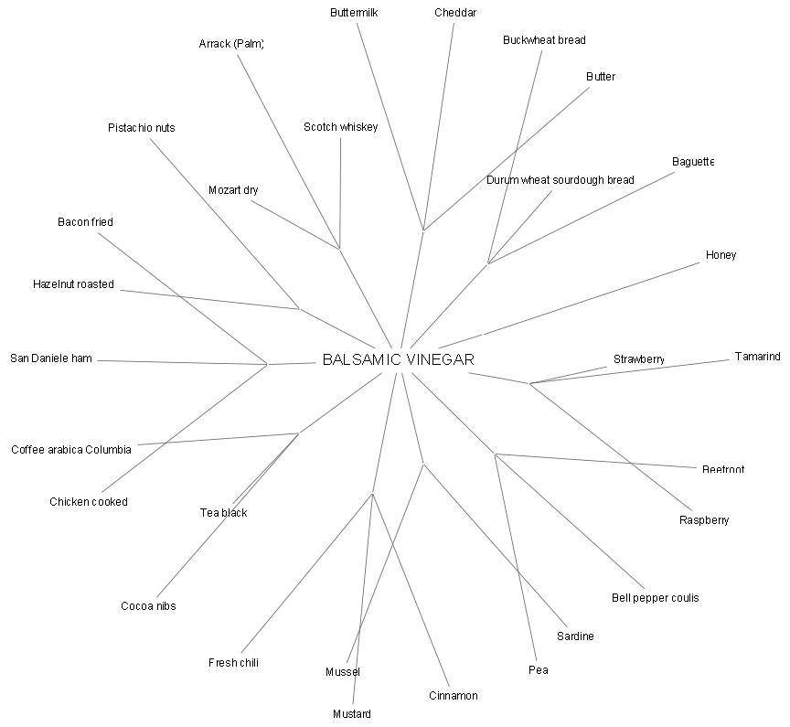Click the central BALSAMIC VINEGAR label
398,360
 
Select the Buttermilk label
354,13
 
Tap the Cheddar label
455,13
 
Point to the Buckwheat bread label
544,40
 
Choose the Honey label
721,255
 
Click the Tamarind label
757,357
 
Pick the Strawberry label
638,359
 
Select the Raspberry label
704,520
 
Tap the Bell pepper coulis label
655,598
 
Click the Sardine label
575,636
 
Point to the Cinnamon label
453,696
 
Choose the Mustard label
352,714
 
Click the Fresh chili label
233,663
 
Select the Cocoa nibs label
148,606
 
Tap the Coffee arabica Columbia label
71,450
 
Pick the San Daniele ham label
51,358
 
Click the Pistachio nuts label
141,128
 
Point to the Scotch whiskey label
340,127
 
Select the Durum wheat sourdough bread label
560,180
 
